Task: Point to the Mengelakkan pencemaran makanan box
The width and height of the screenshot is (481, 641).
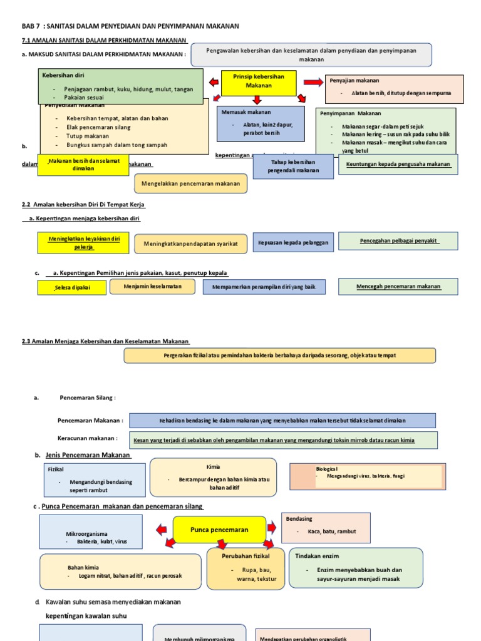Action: point(191,183)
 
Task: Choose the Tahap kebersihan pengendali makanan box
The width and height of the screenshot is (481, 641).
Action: point(294,166)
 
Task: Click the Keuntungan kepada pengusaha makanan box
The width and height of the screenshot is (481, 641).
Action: point(398,164)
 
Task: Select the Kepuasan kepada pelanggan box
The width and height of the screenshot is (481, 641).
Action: point(293,242)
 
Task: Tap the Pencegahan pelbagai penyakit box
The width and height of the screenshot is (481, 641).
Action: point(398,241)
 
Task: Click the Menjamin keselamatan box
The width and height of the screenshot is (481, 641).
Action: point(153,286)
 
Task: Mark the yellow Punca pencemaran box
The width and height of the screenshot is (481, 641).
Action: point(219,530)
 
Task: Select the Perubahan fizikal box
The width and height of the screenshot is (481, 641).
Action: point(246,568)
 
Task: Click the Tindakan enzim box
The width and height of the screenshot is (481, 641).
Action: point(355,568)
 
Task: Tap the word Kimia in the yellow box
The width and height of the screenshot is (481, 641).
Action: point(214,467)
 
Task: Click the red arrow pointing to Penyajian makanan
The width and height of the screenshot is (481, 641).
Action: point(311,82)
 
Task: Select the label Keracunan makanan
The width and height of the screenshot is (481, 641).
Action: point(87,438)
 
